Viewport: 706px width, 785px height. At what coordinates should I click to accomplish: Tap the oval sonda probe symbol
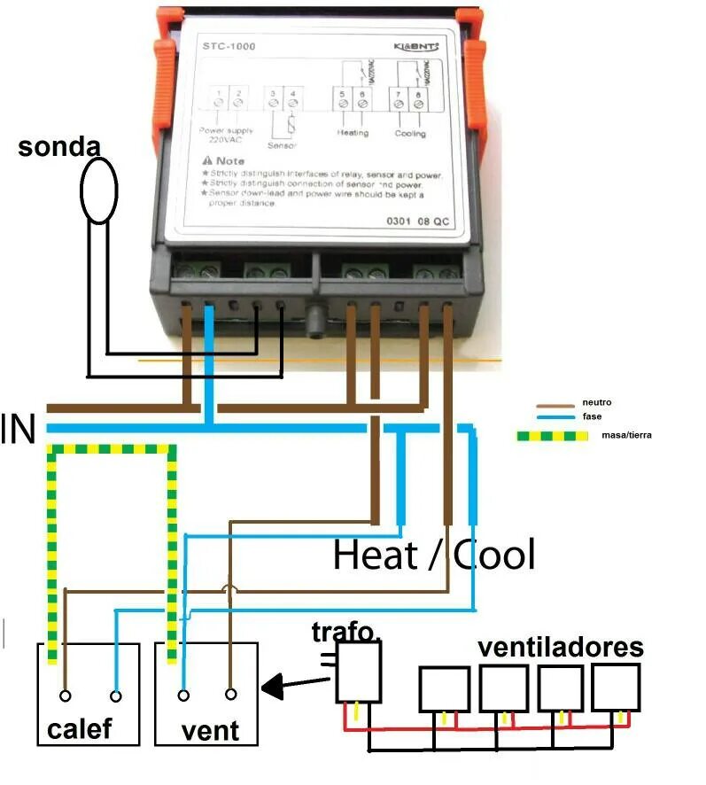pos(98,190)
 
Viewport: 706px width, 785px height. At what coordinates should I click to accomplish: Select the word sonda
pos(58,147)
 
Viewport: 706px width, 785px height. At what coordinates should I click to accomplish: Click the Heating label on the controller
pos(353,134)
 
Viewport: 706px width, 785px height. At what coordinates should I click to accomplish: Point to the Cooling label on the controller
pos(410,134)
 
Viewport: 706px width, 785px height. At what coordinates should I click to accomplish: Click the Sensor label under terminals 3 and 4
pos(282,144)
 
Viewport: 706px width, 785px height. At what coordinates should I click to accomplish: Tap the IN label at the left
pos(19,430)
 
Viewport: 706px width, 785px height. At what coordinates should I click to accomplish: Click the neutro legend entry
pos(596,403)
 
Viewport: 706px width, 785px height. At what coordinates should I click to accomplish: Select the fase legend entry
pos(592,416)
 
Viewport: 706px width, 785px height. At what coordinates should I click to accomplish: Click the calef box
pos(88,693)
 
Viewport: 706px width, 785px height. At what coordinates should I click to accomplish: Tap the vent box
pos(206,693)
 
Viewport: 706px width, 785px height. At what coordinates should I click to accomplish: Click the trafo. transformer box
pos(359,672)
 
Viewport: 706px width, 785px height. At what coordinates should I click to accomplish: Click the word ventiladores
pos(561,647)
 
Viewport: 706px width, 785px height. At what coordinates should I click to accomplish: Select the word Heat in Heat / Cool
pos(375,556)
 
